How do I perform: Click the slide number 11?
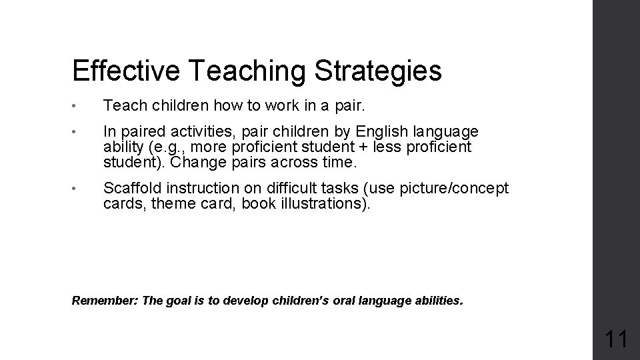[x=615, y=339]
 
